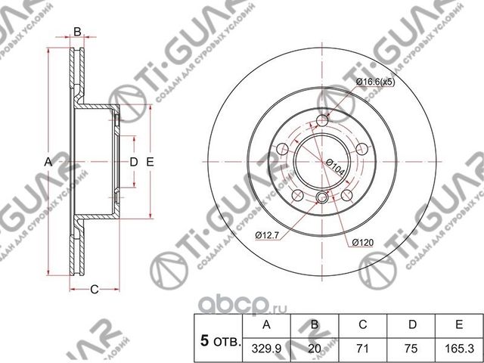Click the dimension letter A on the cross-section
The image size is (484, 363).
click(x=47, y=162)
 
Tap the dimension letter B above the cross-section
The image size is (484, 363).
click(x=76, y=32)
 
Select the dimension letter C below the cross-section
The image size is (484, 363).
click(x=95, y=287)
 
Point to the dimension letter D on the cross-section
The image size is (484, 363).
click(x=133, y=162)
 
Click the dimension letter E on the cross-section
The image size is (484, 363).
click(x=150, y=162)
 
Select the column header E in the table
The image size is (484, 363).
click(x=458, y=325)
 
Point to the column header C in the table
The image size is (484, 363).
click(x=362, y=325)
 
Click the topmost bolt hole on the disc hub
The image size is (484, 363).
click(x=324, y=121)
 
